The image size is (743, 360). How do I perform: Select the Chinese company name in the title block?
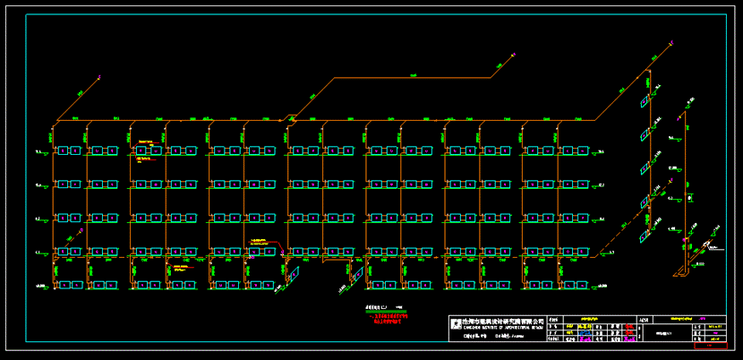click(502, 321)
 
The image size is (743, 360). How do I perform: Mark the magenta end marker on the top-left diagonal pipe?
click(80, 91)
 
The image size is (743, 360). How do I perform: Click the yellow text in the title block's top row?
click(587, 318)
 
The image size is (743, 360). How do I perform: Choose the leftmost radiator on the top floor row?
click(64, 150)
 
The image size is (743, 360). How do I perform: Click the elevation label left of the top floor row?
click(38, 151)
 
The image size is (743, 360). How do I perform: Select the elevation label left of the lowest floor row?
click(40, 286)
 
